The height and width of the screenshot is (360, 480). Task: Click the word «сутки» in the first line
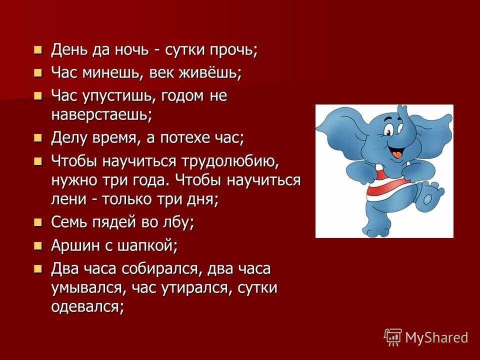click(185, 49)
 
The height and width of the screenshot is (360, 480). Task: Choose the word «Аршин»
click(76, 245)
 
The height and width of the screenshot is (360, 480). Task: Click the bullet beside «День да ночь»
click(37, 50)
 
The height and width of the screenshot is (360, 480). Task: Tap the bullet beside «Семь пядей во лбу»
click(37, 222)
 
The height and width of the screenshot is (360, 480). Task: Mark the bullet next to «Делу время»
click(37, 138)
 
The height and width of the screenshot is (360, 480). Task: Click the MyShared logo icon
click(393, 337)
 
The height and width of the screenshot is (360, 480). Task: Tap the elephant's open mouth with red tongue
click(396, 152)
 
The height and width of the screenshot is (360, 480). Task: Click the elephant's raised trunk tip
click(401, 108)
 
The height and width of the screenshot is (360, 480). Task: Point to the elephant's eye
click(389, 131)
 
